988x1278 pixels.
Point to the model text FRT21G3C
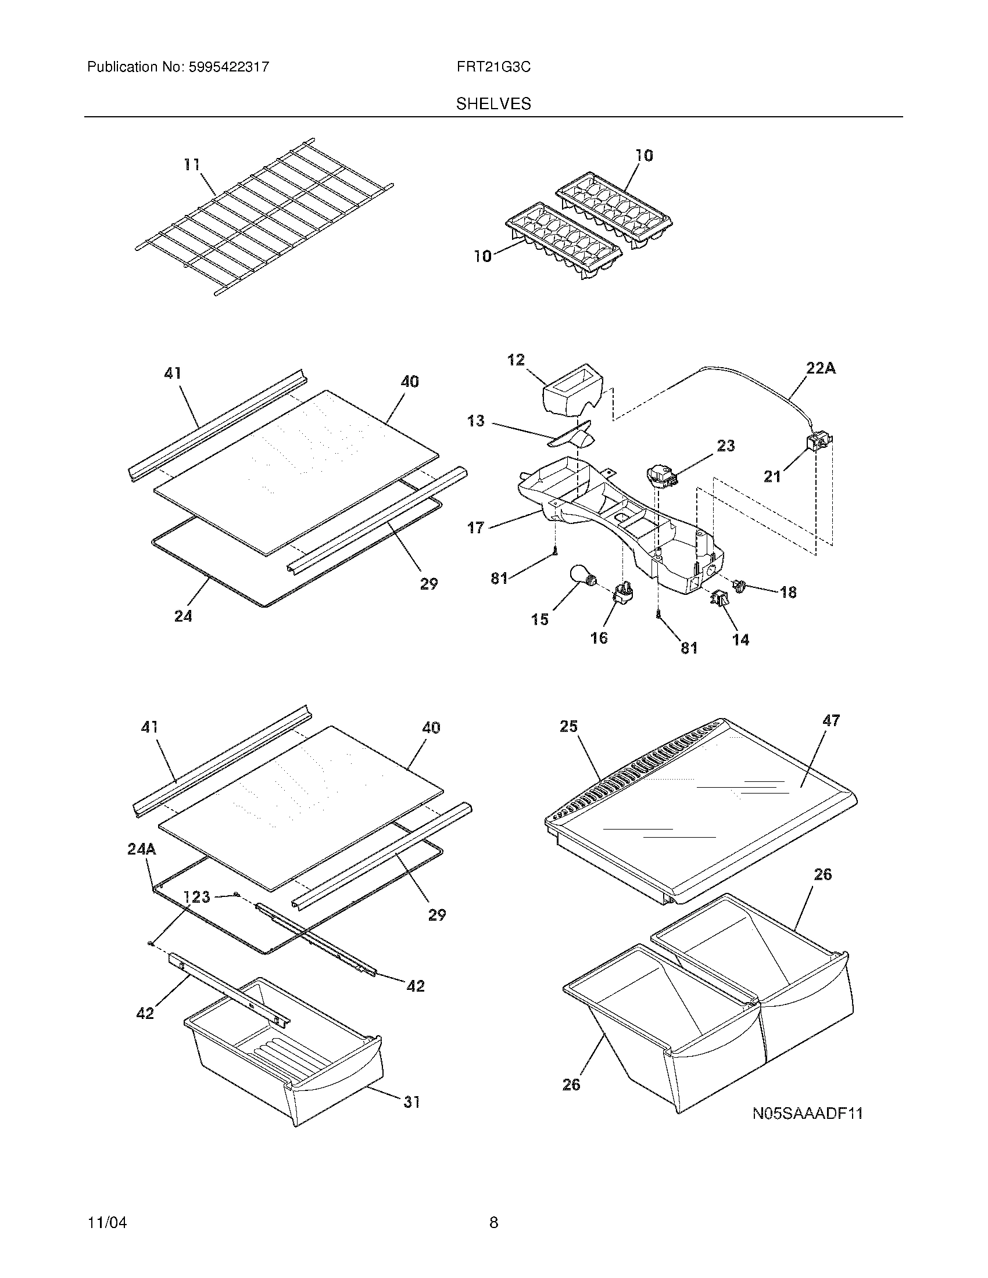tap(493, 67)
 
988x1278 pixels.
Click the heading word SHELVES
tap(493, 104)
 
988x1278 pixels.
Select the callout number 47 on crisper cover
tap(831, 720)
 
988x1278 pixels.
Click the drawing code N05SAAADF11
tap(808, 1114)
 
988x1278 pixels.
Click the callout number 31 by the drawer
tap(411, 1102)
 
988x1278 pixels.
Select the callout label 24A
tap(142, 849)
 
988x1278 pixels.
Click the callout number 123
tap(196, 896)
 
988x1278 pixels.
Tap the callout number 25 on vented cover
tap(568, 726)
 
